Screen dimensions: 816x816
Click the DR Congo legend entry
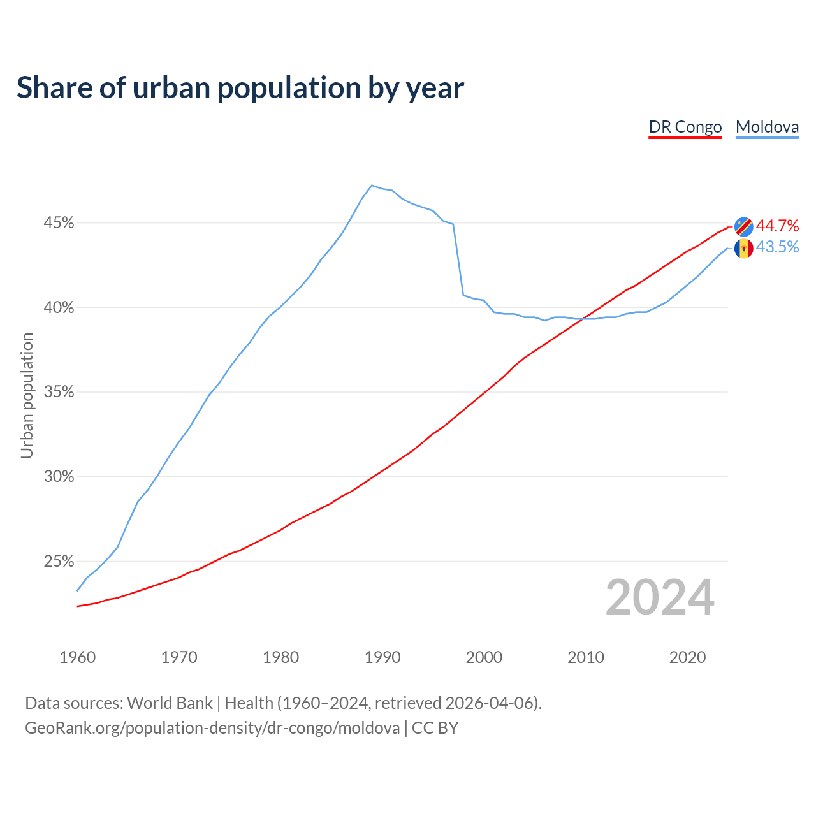tap(685, 127)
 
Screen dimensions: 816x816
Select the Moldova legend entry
tap(767, 127)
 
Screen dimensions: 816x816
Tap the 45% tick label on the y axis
tap(59, 223)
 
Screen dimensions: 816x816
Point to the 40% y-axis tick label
tap(59, 308)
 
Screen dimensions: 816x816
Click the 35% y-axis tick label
tap(59, 392)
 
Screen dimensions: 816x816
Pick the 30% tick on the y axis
tap(59, 477)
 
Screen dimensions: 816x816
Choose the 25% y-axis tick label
tap(59, 562)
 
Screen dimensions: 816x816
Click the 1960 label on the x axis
tap(77, 657)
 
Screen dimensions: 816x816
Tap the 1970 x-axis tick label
tap(179, 657)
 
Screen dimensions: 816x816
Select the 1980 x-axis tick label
tap(280, 657)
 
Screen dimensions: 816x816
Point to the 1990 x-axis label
tap(382, 657)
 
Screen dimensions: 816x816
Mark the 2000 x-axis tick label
tap(484, 657)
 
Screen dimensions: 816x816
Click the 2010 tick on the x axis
tap(586, 657)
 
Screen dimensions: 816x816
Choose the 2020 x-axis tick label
tap(687, 657)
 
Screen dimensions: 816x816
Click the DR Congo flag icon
tap(743, 226)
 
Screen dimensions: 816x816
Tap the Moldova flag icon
tap(743, 248)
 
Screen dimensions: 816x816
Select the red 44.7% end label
tap(777, 226)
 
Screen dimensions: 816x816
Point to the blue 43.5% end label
tap(777, 247)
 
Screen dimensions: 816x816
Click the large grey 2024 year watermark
tap(660, 597)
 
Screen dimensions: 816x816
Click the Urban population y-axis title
tap(27, 395)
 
